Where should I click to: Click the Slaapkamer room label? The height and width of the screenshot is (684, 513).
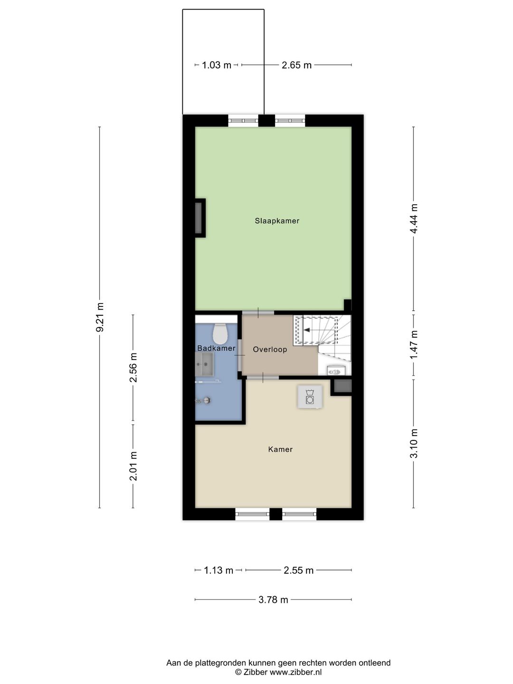pos(277,221)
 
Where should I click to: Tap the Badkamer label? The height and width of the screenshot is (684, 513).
pos(216,348)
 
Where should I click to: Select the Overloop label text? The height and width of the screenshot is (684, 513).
pos(270,350)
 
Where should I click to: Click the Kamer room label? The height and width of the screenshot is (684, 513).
pos(280,449)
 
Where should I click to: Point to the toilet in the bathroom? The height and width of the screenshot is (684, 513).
pos(220,333)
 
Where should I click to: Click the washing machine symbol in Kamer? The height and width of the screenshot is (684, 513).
pos(310,397)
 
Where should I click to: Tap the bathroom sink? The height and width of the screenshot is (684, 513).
pos(204,365)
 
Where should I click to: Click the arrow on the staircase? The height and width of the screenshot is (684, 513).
pos(313,330)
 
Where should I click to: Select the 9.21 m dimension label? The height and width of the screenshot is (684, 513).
pos(100,317)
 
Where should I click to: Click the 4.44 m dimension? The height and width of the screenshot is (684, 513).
pos(414,218)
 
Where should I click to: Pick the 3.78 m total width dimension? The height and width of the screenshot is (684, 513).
pos(273,600)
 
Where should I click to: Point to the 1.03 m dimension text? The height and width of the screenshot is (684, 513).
pos(217,65)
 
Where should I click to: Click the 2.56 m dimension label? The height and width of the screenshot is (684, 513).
pos(133,368)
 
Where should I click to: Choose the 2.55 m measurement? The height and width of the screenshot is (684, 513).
pos(298,570)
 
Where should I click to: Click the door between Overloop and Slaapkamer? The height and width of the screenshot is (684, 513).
pos(258,313)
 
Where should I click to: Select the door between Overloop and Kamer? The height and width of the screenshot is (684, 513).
pos(263,377)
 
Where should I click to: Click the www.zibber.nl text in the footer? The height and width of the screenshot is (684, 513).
pos(295,672)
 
